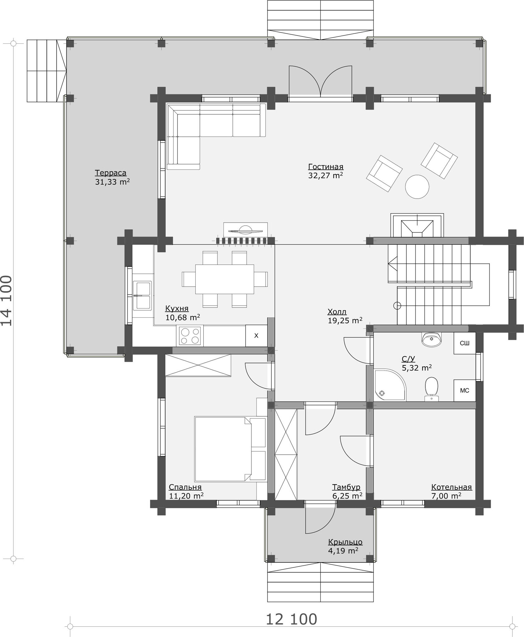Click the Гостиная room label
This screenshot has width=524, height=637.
326,167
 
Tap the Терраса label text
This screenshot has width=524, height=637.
111,173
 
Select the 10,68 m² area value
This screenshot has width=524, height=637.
182,318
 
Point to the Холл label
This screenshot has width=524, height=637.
337,312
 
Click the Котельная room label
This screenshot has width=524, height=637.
451,487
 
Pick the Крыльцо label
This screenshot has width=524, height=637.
345,542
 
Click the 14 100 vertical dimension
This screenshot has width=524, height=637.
7,301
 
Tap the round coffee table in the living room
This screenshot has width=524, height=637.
417,186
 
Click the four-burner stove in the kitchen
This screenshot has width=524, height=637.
190,336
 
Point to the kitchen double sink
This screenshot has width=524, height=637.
142,296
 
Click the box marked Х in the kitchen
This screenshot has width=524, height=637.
256,336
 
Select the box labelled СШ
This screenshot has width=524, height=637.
464,343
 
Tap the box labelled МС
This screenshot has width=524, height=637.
464,390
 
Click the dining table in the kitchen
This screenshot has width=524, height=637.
225,279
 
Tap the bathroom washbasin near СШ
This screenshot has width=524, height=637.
432,340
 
